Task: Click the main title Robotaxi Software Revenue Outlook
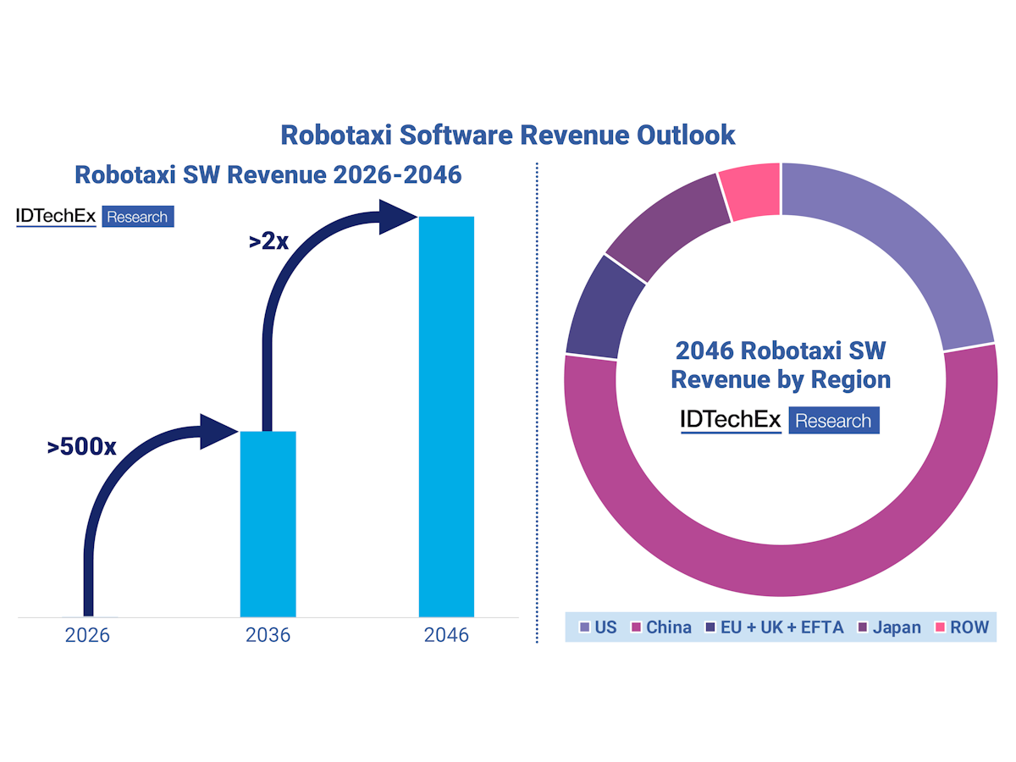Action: point(508,135)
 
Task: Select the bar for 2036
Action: point(268,525)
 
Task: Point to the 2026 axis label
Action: point(87,635)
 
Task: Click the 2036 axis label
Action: point(268,635)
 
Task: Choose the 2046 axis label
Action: point(446,635)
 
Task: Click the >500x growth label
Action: point(82,446)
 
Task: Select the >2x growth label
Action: point(268,240)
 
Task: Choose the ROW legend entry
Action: point(960,627)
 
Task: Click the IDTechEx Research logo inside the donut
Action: point(780,420)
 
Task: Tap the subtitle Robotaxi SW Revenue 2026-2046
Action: point(268,174)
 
